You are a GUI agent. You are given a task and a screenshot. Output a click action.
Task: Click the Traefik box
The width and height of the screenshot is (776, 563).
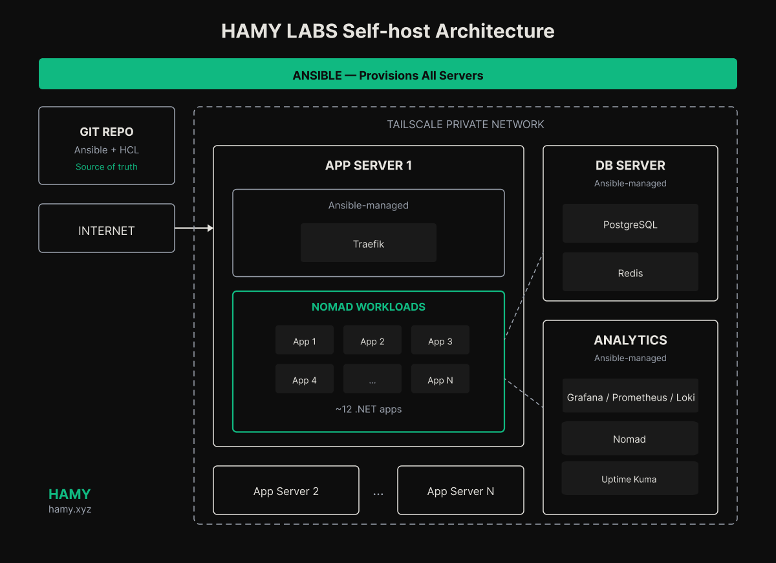369,243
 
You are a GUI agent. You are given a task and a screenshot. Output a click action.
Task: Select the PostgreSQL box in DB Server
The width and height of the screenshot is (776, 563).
630,224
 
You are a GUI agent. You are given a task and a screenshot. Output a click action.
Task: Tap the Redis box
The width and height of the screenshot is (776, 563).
630,272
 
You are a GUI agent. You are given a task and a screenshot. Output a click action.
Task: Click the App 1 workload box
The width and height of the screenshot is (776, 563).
305,340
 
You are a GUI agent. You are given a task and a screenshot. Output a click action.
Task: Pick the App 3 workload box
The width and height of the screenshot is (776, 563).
440,340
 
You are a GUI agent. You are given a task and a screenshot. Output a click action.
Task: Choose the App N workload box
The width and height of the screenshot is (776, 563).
440,379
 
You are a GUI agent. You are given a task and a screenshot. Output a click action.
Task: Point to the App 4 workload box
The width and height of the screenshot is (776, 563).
305,379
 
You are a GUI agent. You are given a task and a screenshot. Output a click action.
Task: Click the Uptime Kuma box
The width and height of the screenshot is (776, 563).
630,479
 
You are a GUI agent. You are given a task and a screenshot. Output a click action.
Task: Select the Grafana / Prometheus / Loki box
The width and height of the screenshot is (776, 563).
630,397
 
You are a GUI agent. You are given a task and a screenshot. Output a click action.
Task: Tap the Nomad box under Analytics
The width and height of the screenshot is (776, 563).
630,439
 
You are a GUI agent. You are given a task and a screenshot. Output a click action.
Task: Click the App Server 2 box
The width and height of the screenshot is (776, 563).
286,491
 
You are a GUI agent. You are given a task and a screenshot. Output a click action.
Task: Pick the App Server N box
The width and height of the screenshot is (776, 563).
460,491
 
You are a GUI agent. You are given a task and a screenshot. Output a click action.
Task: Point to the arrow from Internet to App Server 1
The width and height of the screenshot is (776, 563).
194,228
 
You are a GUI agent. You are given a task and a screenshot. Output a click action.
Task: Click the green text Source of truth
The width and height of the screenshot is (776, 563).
107,167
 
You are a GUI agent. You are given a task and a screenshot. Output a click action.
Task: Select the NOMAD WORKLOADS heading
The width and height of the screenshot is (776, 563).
369,307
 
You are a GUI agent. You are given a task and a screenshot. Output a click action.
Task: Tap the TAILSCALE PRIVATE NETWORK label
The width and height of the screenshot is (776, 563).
466,124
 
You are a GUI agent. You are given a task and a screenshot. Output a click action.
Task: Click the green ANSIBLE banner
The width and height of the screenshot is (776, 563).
388,74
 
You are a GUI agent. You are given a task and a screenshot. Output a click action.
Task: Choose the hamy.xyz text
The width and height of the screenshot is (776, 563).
70,509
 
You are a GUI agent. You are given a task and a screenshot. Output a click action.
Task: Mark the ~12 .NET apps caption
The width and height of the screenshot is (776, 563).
369,409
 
